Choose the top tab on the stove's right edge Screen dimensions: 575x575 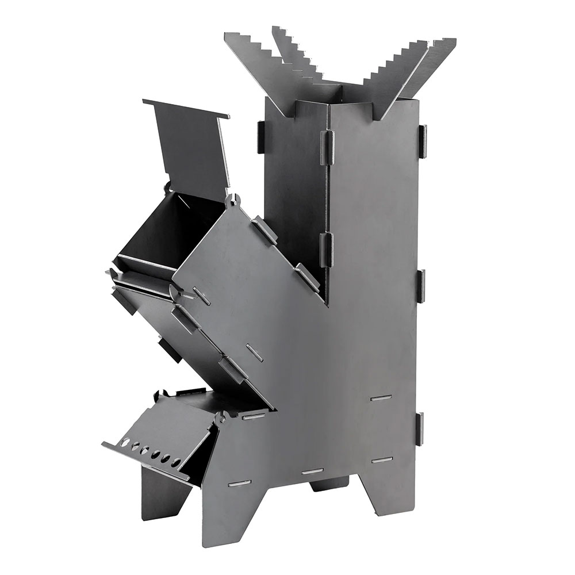click(423, 141)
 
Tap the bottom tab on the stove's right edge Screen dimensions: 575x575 click(420, 429)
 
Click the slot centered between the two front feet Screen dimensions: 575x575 click(312, 471)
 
